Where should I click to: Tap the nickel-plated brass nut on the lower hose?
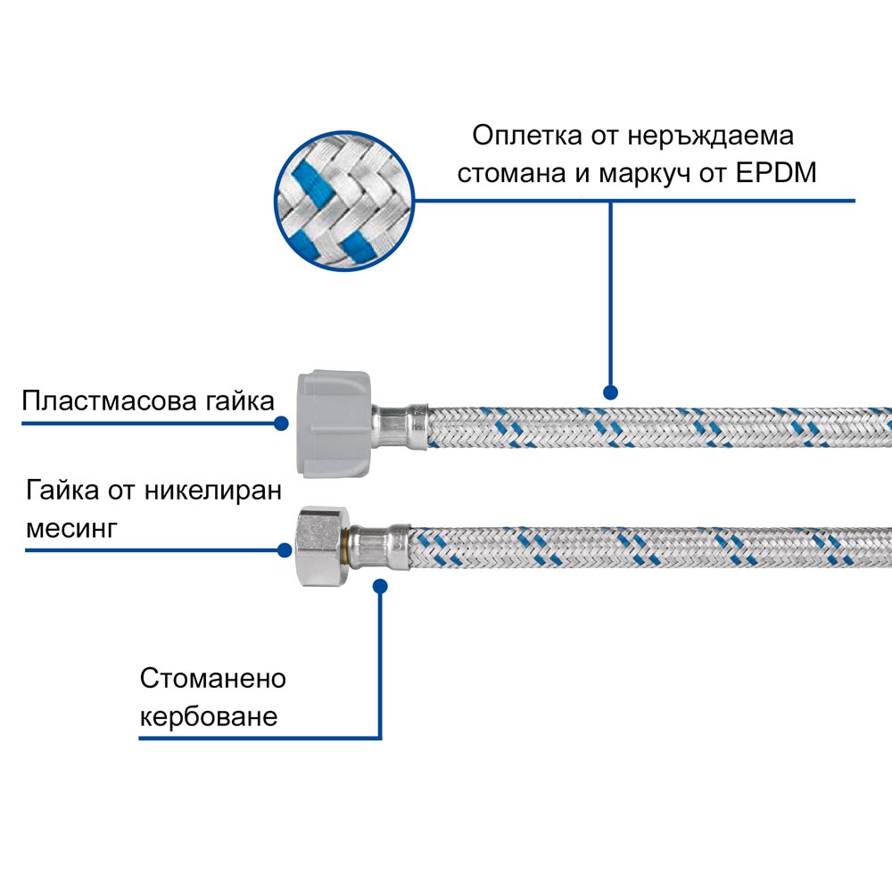tap(320, 546)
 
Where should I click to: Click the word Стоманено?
tap(213, 679)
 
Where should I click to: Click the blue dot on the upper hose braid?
tap(611, 392)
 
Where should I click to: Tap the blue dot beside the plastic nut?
tap(283, 423)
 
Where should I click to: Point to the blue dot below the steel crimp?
tap(381, 586)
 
